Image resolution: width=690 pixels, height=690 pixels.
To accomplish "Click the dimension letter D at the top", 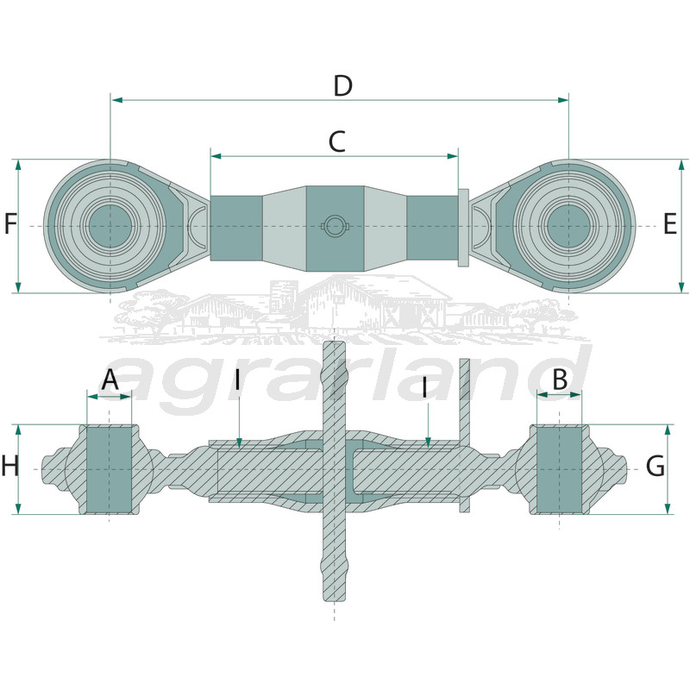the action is coord(342,85).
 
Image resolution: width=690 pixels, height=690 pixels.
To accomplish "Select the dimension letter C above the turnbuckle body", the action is coord(337,141).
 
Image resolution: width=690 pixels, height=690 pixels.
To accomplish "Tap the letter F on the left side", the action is coord(10,223).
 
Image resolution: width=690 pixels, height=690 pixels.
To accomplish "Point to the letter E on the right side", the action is coord(669,223).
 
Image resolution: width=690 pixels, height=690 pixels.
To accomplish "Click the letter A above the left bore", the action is coord(110,379).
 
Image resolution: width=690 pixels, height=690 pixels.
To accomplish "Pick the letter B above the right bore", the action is coord(560,379).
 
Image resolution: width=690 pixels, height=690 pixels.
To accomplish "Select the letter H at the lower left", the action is coord(10,466).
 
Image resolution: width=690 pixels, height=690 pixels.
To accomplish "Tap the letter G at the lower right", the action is coord(655,466).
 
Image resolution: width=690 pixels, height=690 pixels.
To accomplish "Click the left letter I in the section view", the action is coord(238,380).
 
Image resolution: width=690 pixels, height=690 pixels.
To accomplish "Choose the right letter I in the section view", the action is coord(424,387).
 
